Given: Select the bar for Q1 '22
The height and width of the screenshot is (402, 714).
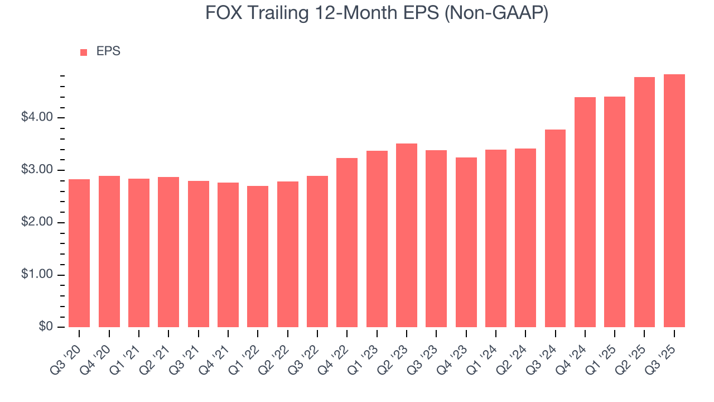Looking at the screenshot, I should [x=258, y=256].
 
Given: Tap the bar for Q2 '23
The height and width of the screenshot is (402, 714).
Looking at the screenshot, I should [x=407, y=235].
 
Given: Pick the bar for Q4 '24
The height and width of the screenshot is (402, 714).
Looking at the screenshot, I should [x=585, y=212].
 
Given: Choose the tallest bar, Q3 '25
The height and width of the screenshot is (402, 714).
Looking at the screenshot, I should [x=674, y=200].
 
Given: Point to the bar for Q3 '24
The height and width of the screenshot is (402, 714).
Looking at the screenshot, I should [x=555, y=228].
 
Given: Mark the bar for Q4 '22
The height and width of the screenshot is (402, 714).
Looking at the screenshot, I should [x=347, y=242].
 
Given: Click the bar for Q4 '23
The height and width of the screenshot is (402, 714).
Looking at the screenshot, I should [x=466, y=242].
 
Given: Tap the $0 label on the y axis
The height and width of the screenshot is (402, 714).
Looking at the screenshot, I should [x=46, y=327].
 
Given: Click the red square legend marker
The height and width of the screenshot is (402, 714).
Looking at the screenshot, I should [x=84, y=52].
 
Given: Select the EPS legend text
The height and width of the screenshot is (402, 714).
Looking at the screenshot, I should [x=108, y=51].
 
